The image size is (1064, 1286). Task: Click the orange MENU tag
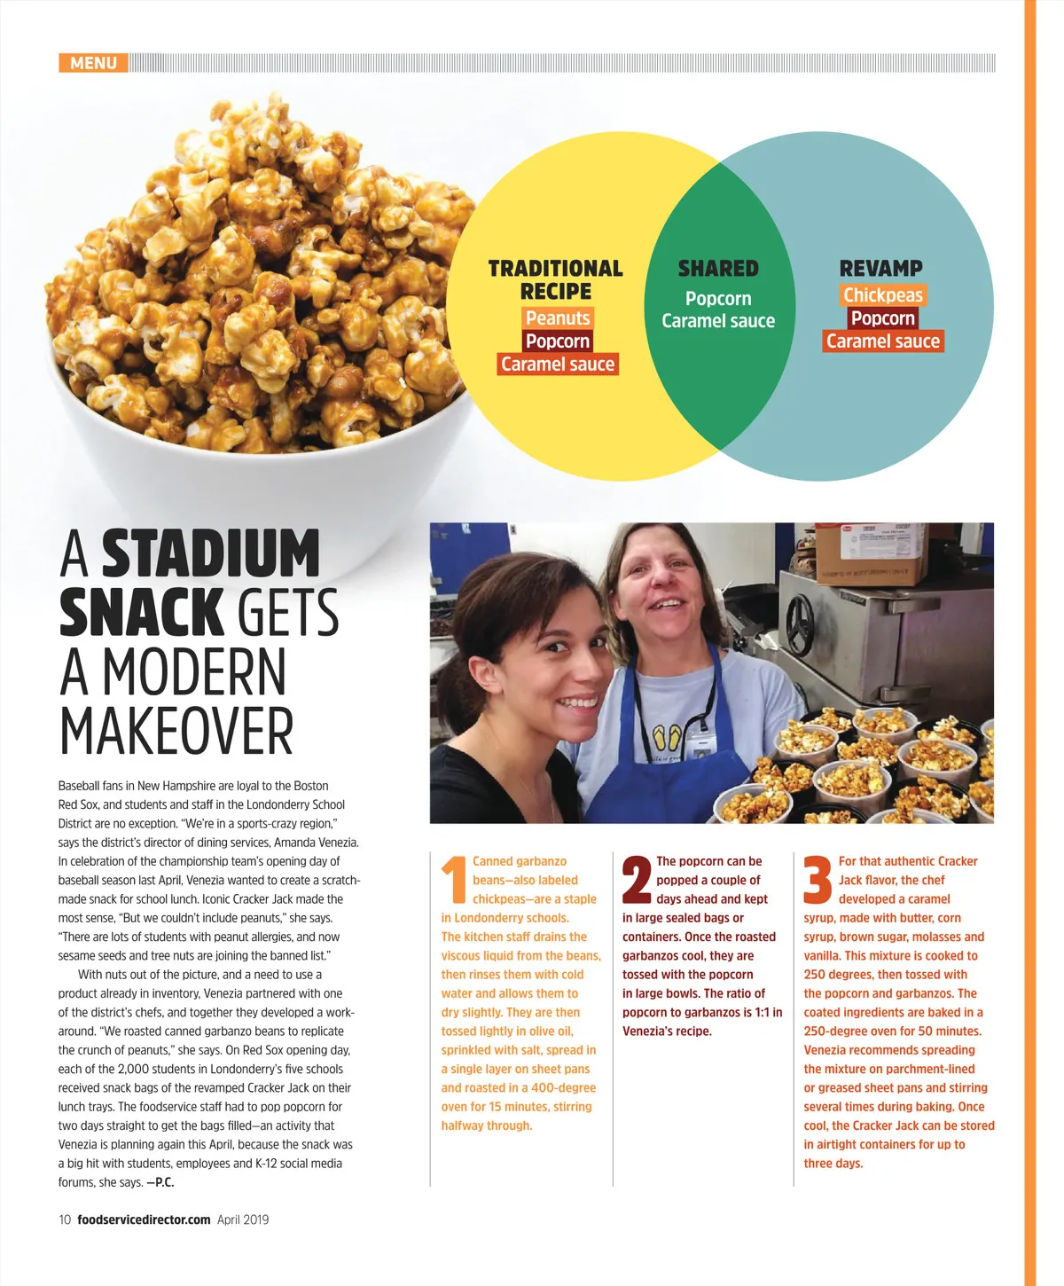pyautogui.click(x=93, y=63)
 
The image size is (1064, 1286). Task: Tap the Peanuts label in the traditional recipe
pyautogui.click(x=557, y=318)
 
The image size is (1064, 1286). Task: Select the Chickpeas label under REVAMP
pyautogui.click(x=882, y=295)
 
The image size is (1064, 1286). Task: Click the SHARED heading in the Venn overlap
pyautogui.click(x=718, y=268)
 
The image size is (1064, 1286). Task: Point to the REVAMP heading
pyautogui.click(x=880, y=268)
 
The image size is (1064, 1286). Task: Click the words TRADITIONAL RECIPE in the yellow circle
pyautogui.click(x=556, y=279)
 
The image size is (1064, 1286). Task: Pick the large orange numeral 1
pyautogui.click(x=454, y=880)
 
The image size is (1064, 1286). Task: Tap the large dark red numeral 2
pyautogui.click(x=637, y=880)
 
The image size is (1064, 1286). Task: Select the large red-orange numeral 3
pyautogui.click(x=818, y=880)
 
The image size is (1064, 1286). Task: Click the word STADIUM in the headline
pyautogui.click(x=211, y=554)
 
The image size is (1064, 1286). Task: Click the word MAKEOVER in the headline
pyautogui.click(x=176, y=732)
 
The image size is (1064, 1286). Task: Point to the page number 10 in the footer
pyautogui.click(x=65, y=1219)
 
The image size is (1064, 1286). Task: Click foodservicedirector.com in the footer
pyautogui.click(x=144, y=1219)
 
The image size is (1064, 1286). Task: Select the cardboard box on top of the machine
pyautogui.click(x=871, y=551)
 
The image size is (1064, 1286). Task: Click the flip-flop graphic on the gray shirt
pyautogui.click(x=667, y=738)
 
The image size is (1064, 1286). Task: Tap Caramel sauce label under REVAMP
pyautogui.click(x=882, y=341)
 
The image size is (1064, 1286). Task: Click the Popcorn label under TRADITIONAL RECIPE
pyautogui.click(x=557, y=341)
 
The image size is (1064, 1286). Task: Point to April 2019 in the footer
pyautogui.click(x=243, y=1219)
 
